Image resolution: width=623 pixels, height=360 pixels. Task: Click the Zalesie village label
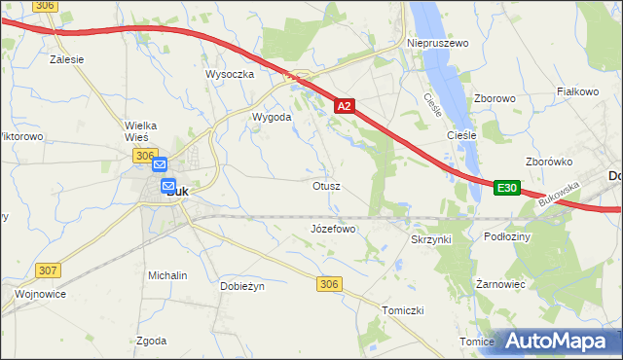point(66,58)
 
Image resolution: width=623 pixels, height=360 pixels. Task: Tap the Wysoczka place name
point(230,74)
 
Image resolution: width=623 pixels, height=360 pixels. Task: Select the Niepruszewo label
point(437,44)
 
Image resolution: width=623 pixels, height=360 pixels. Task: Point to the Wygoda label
point(272,117)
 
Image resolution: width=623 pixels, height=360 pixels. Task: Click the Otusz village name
point(326,185)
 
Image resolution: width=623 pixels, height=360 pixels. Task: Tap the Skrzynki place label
point(431,238)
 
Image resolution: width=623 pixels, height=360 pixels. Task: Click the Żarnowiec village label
point(501,285)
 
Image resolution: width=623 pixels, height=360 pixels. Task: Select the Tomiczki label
point(403,309)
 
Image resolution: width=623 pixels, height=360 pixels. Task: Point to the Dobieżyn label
point(242,287)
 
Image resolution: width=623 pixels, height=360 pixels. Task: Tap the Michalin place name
point(167,275)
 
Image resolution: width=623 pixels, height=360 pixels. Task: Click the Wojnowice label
point(40,293)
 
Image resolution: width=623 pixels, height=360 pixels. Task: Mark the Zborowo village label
point(494,98)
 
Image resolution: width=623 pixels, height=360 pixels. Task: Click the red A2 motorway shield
point(345,106)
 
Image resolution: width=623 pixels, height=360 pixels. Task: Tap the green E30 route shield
point(505,188)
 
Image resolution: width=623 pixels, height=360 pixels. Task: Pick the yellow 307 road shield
point(48,270)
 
